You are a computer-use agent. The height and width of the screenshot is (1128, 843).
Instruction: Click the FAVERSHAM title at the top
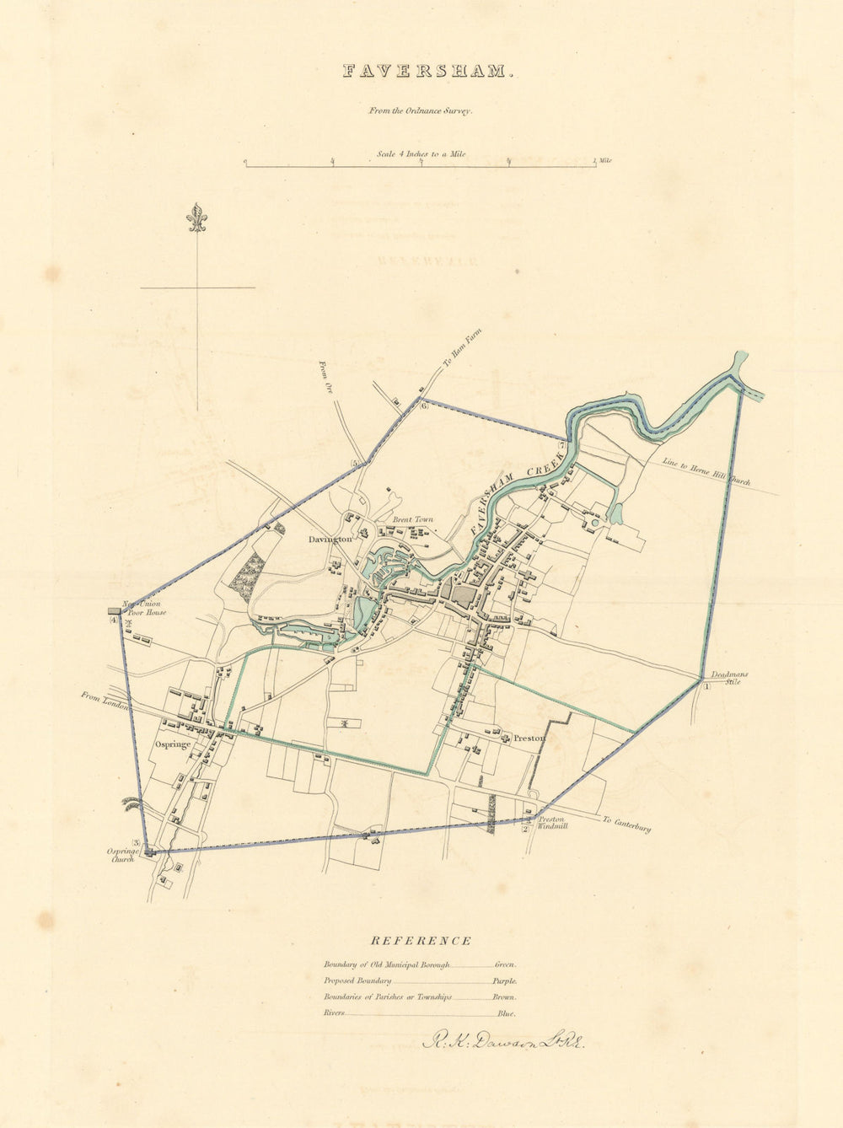pos(427,72)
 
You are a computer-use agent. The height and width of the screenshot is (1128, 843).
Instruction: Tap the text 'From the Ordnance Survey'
pos(419,110)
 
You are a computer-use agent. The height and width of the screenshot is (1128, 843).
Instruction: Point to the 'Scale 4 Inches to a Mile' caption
pos(421,154)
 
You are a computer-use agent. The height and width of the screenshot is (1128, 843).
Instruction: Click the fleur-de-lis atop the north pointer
pos(197,218)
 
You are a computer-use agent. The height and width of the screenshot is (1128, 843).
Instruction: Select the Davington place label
pos(330,539)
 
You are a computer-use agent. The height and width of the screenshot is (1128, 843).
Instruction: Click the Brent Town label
pos(413,519)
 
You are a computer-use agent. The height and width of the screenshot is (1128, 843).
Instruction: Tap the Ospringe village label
pos(173,744)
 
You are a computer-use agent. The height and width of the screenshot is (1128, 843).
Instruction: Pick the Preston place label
pos(530,739)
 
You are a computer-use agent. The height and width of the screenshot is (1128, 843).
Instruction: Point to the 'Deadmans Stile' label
pos(728,678)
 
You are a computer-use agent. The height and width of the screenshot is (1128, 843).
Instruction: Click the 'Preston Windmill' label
pos(553,822)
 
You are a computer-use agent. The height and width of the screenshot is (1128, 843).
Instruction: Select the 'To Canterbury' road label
pos(626,824)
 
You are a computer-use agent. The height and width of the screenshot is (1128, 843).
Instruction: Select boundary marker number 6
pos(425,406)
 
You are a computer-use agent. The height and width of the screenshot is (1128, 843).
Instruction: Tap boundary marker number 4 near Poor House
pos(113,620)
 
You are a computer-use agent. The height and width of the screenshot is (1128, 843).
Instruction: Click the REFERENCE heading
pos(421,941)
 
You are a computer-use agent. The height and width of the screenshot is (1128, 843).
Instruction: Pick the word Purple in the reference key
pos(505,981)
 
